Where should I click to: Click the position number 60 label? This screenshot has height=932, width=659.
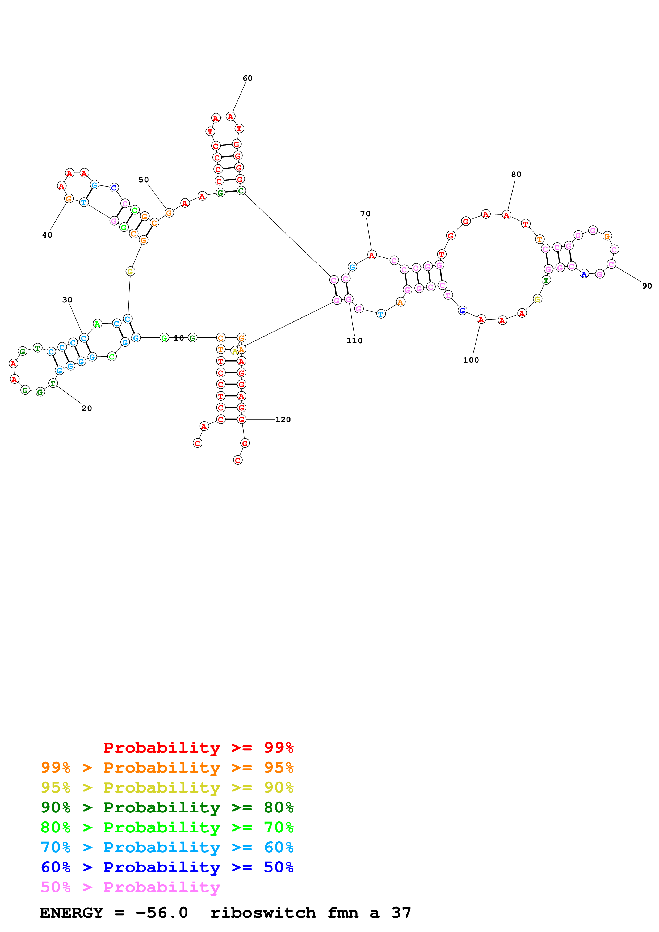[247, 78]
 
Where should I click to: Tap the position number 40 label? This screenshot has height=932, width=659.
[47, 235]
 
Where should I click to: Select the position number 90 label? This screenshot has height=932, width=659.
[647, 286]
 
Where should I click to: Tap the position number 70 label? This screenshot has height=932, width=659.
[366, 214]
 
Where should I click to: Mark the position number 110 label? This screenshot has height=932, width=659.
[354, 341]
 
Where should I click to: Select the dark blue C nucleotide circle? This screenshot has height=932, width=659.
[114, 188]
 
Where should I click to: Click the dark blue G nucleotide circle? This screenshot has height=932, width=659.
[462, 311]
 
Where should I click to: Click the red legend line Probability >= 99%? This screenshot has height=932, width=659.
[198, 748]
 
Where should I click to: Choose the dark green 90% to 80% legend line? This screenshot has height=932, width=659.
[167, 807]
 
